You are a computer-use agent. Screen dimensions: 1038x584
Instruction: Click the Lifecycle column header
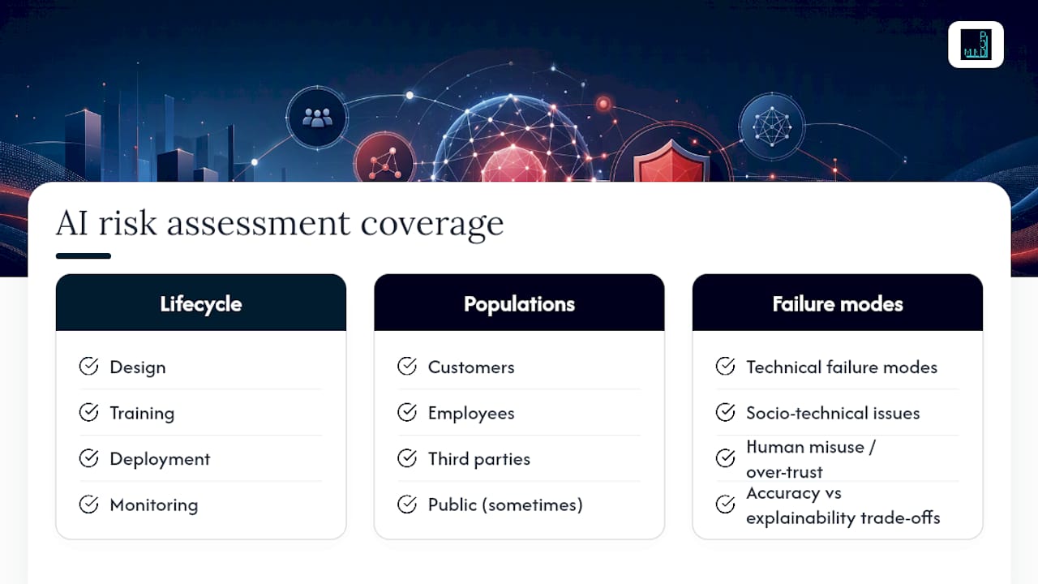[x=200, y=304]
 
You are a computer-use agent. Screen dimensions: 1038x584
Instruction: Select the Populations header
[x=519, y=304]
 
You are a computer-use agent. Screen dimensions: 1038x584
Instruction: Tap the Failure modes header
[x=838, y=304]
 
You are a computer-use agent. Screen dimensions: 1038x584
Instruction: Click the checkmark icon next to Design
[x=88, y=366]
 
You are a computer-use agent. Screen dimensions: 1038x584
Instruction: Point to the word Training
[x=142, y=413]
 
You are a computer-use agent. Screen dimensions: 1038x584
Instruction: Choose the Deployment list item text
[x=160, y=459]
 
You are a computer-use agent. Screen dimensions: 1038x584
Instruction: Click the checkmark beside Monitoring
[x=88, y=505]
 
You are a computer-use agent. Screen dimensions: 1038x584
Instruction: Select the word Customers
[x=471, y=367]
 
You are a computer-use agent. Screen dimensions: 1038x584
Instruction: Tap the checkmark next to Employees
[x=407, y=412]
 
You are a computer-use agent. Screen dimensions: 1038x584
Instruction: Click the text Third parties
[x=478, y=459]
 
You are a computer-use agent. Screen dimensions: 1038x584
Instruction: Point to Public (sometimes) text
[x=505, y=505]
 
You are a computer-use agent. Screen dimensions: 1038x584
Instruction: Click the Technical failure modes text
[x=842, y=367]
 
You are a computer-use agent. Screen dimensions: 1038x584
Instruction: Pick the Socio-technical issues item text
[x=833, y=413]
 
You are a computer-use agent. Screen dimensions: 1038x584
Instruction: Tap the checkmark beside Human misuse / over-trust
[x=725, y=458]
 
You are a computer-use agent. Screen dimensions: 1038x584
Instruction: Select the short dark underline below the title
[x=84, y=255]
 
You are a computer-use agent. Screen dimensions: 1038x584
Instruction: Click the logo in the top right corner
[x=976, y=45]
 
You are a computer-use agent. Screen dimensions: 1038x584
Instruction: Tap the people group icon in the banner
[x=317, y=118]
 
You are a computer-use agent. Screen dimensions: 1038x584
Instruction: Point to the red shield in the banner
[x=671, y=161]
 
